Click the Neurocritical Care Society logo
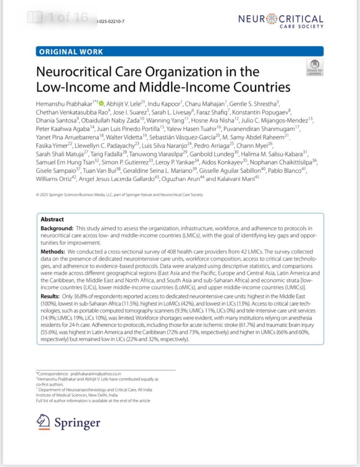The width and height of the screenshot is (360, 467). (x=280, y=21)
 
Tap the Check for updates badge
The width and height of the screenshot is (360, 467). (x=315, y=68)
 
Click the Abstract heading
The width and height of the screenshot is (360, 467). (x=52, y=219)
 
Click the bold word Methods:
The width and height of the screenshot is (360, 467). (x=53, y=252)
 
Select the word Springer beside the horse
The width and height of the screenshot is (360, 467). (x=77, y=423)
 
